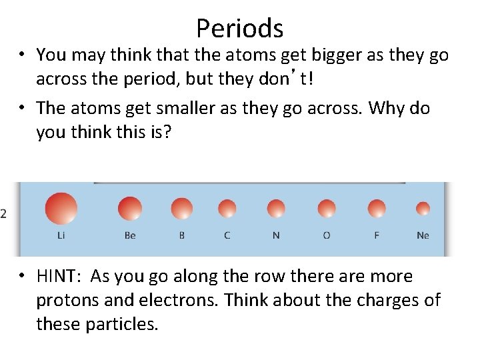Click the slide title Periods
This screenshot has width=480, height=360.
click(240, 28)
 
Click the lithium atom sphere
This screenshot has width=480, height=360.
click(61, 208)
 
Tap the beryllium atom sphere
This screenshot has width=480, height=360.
click(130, 209)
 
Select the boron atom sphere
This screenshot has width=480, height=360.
click(181, 209)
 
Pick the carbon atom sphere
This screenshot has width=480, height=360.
click(227, 209)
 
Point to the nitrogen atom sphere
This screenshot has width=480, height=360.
click(276, 209)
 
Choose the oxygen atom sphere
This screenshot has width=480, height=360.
click(327, 209)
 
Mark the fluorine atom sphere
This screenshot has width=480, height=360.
click(377, 209)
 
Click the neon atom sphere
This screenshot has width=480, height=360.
click(423, 209)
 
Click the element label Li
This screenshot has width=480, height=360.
click(61, 236)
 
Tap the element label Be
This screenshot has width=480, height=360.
click(130, 236)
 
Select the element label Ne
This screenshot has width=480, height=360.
click(423, 236)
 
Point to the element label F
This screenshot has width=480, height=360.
click(377, 236)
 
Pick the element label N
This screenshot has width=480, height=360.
click(276, 236)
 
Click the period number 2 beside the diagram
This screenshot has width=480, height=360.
click(4, 213)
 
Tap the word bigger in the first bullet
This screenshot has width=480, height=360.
click(323, 55)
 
